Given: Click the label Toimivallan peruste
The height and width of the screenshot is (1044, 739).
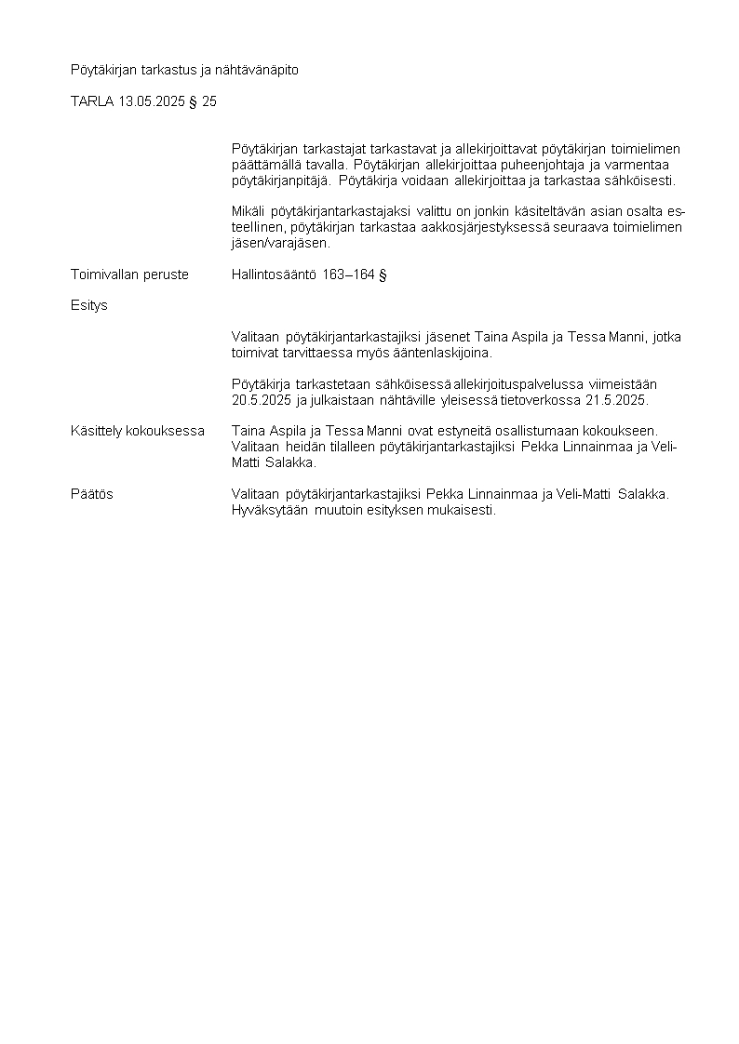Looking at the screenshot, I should pos(129,274).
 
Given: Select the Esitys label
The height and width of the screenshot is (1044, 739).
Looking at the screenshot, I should pos(89,305).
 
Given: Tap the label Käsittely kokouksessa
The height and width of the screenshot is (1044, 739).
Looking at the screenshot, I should pos(138,431).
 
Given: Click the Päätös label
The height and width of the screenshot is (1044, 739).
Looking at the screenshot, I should pos(92,494).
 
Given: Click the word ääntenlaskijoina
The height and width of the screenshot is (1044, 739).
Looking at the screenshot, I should pos(435,353).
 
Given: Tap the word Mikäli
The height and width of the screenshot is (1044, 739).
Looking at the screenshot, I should pos(249,212).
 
